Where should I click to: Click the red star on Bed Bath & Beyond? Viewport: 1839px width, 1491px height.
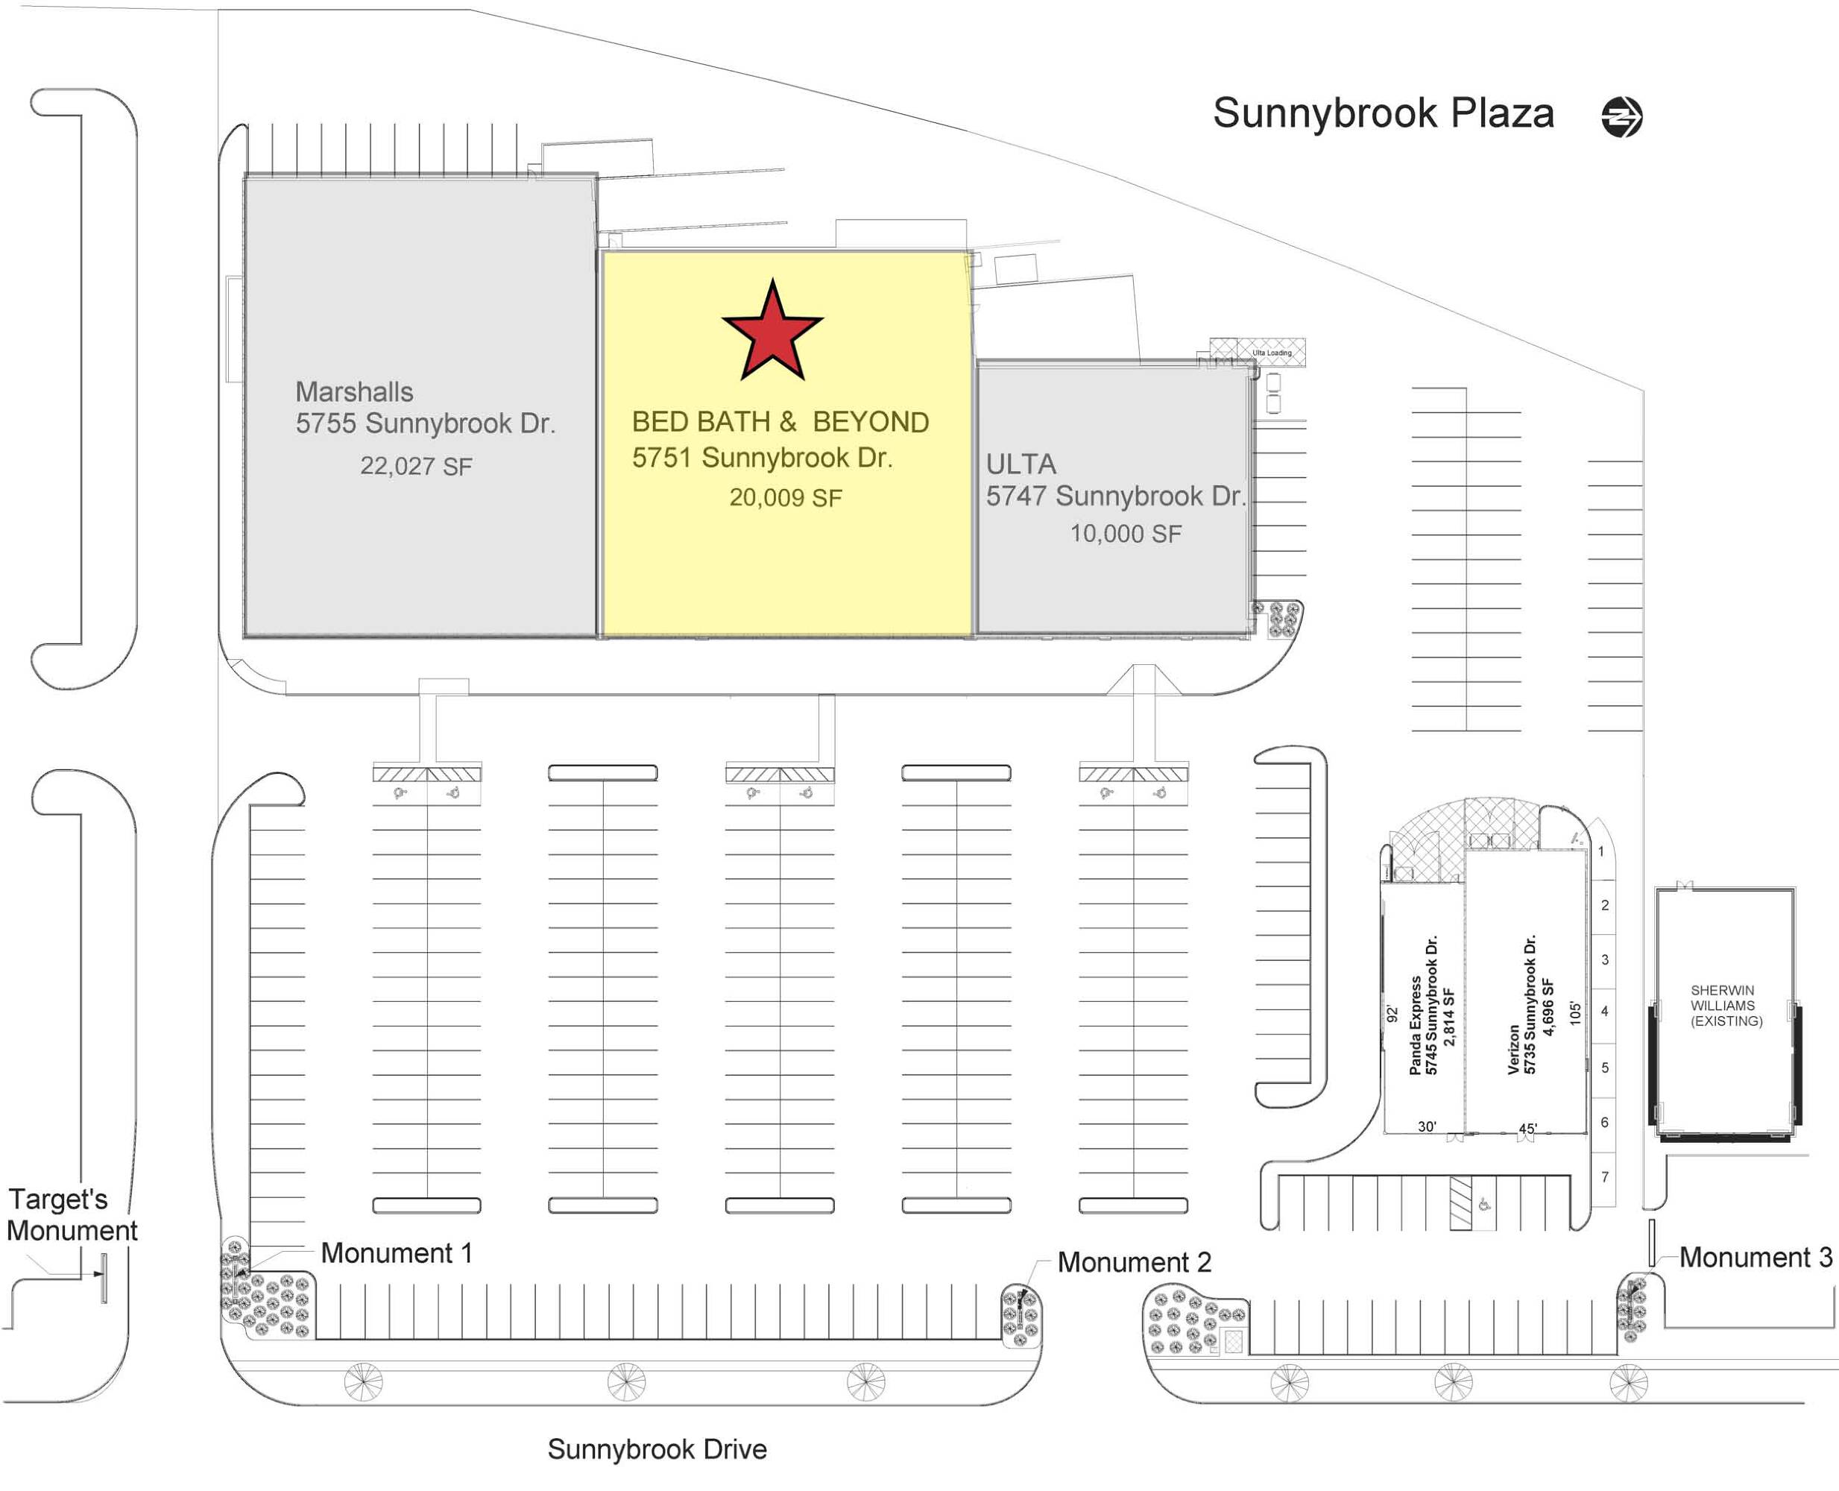[772, 332]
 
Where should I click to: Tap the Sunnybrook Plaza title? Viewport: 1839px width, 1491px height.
[1382, 113]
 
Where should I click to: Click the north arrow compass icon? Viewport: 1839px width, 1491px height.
[1621, 117]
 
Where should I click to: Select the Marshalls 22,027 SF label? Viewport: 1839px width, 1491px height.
[416, 467]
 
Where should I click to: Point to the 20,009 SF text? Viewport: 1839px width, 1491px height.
[785, 498]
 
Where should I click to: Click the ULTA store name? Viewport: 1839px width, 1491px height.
[1021, 464]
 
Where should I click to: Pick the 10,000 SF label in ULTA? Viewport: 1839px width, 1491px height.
[1124, 535]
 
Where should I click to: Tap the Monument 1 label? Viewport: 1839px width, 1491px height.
[396, 1253]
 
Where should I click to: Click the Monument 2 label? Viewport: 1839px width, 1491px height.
[1133, 1263]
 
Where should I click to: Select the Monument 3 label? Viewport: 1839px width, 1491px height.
[1755, 1258]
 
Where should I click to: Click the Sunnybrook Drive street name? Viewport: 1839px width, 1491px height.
[656, 1449]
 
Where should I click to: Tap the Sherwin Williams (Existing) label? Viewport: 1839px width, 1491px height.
[1725, 1006]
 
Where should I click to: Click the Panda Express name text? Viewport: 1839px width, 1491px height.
[1415, 1026]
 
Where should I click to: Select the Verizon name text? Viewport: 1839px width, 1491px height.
[1513, 1049]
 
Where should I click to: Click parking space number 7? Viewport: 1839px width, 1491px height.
[1603, 1176]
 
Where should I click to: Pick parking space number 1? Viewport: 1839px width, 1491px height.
[1600, 852]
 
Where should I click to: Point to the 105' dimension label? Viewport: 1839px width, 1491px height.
[1574, 1012]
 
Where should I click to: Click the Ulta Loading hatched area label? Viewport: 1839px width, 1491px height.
[1270, 353]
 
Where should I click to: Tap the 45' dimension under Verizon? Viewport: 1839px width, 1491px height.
[1527, 1129]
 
